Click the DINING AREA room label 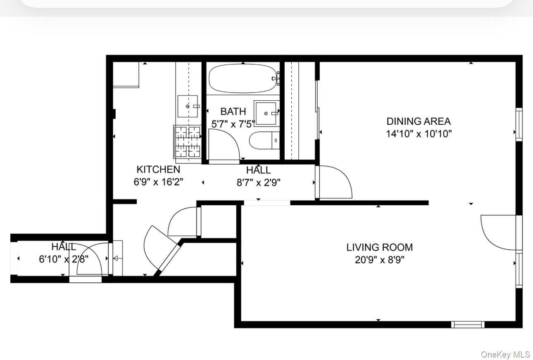(418, 121)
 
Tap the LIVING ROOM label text (379, 247)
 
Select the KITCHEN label (158, 169)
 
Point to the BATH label (233, 111)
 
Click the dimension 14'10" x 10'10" (418, 134)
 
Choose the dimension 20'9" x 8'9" (379, 260)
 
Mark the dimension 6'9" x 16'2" (158, 182)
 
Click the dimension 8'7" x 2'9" (258, 182)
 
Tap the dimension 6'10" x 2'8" (64, 259)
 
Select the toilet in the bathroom (264, 140)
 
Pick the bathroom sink (266, 113)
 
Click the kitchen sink (188, 106)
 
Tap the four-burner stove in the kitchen (187, 141)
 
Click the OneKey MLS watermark (505, 354)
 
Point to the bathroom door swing (224, 145)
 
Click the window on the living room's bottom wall (468, 324)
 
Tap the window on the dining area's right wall (519, 124)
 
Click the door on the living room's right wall (499, 232)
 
